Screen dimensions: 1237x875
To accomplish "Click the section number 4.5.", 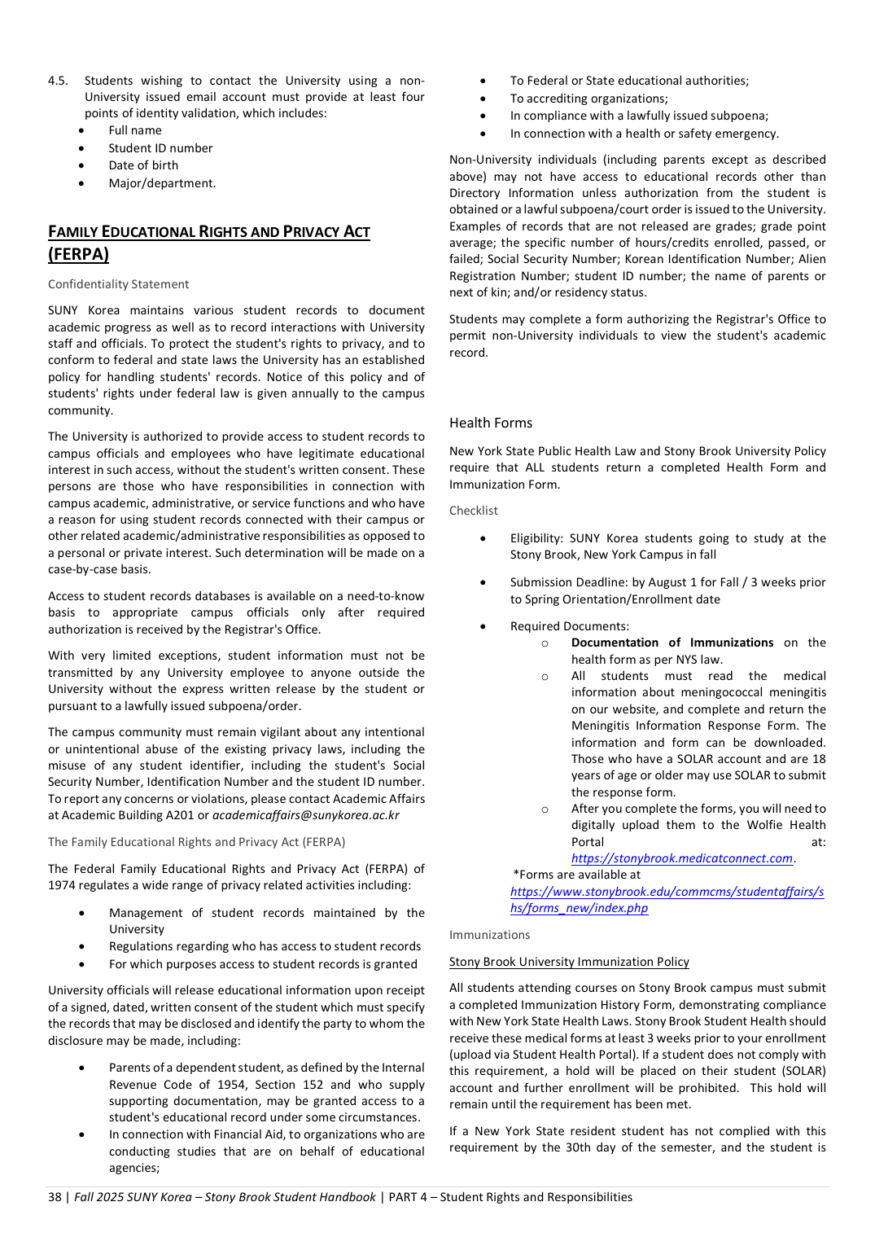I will [x=58, y=81].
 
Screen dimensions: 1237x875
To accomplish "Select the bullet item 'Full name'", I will [x=135, y=130].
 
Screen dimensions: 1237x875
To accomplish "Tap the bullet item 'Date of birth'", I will [x=143, y=165].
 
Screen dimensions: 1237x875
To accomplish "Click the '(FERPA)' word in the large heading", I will [x=78, y=254].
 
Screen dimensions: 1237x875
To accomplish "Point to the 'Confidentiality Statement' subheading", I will [x=118, y=284].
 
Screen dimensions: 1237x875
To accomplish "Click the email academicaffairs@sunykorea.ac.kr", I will [x=306, y=815].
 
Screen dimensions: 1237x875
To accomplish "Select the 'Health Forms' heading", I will [x=491, y=423].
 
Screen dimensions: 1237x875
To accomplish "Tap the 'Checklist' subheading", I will [x=474, y=511].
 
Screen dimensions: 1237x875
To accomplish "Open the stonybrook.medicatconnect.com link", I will [x=682, y=858].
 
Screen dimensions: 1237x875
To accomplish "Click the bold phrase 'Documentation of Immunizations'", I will [x=672, y=643].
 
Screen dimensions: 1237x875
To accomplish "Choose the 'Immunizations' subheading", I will [x=489, y=935].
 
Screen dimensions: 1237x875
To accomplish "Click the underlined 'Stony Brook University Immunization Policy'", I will [x=569, y=962].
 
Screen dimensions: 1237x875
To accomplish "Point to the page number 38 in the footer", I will [x=55, y=1197].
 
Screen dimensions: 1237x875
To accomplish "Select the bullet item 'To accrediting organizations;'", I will [x=588, y=99].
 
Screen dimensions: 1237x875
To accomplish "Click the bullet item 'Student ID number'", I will [x=160, y=148].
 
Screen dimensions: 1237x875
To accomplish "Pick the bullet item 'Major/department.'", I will [x=162, y=183].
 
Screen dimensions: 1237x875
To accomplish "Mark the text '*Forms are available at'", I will [x=576, y=875].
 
